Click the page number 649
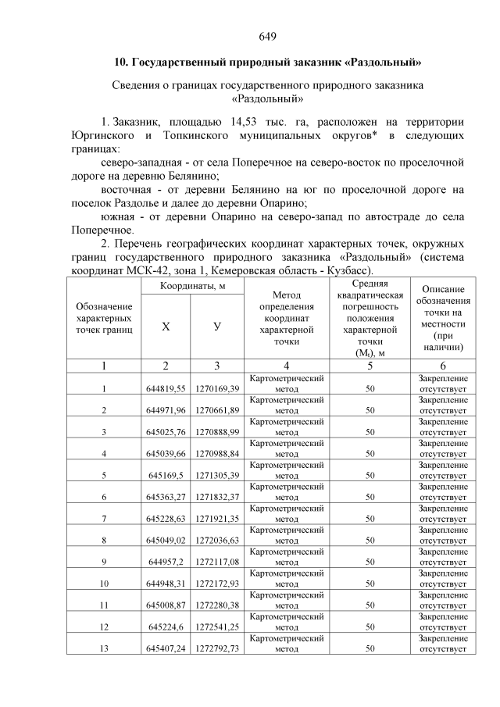point(266,37)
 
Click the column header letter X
point(165,327)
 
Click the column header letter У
point(216,327)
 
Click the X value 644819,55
point(165,388)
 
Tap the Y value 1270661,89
point(217,410)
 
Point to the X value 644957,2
point(166,561)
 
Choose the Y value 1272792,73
point(217,648)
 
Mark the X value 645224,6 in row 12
point(166,626)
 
